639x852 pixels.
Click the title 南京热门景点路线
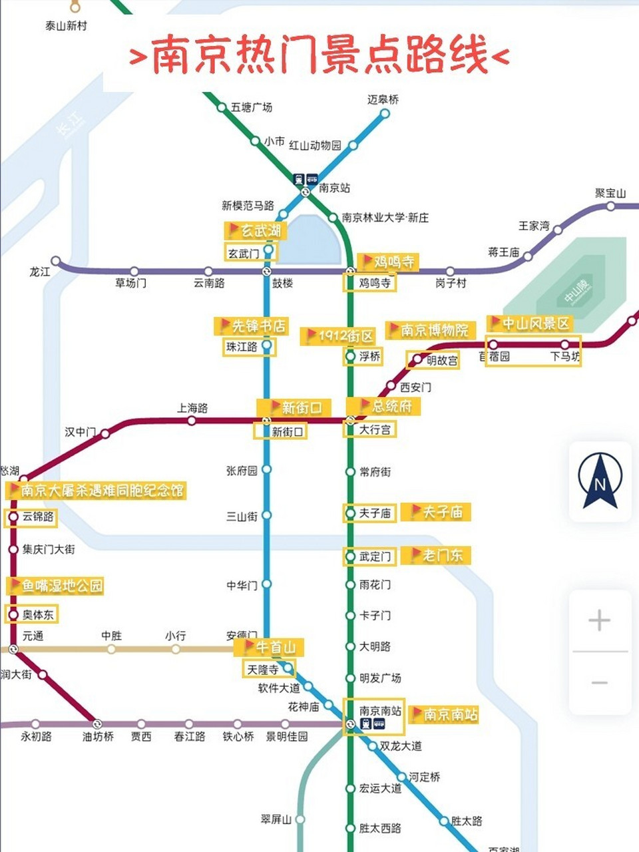coord(319,56)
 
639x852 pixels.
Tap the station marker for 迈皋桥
coord(385,114)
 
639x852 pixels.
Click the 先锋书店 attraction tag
coord(251,326)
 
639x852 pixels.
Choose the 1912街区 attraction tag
coord(339,336)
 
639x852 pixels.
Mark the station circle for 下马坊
coord(564,345)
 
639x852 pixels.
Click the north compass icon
coord(600,481)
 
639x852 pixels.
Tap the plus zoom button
coord(599,620)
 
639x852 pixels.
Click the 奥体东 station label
coord(38,614)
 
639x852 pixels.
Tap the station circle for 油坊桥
coord(97,724)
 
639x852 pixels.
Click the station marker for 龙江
coord(56,261)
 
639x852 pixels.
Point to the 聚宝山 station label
coord(610,194)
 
